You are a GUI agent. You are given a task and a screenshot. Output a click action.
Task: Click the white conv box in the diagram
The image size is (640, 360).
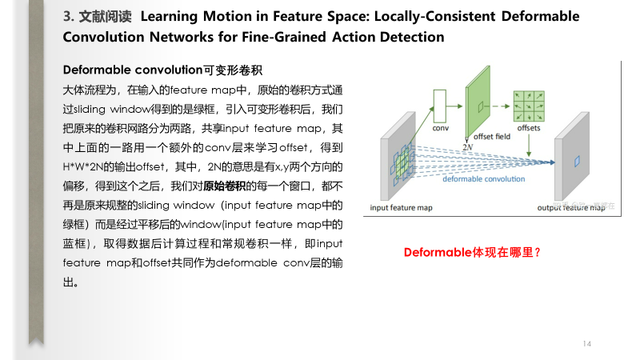[x=439, y=103]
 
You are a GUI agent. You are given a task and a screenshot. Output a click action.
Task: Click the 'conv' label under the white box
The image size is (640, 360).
[x=441, y=128]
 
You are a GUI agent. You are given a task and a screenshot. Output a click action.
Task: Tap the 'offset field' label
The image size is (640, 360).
[x=492, y=137]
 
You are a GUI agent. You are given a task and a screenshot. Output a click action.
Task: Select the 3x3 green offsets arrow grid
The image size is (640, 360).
[x=528, y=103]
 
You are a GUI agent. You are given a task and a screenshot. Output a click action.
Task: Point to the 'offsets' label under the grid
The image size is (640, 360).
[x=529, y=128]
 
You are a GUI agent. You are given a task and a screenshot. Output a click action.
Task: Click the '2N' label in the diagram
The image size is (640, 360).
[x=469, y=148]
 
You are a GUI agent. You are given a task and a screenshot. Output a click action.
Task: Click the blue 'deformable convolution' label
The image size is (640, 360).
[x=483, y=179]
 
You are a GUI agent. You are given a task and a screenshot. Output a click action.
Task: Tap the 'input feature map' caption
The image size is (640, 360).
[x=401, y=208]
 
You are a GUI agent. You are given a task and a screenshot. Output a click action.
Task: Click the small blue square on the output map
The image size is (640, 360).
[x=575, y=162]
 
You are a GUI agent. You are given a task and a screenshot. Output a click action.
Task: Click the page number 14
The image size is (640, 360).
[x=586, y=344]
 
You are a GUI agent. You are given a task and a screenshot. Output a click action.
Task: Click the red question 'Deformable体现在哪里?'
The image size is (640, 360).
[x=473, y=252]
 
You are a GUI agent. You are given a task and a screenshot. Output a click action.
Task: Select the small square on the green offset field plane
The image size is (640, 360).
[x=479, y=106]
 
